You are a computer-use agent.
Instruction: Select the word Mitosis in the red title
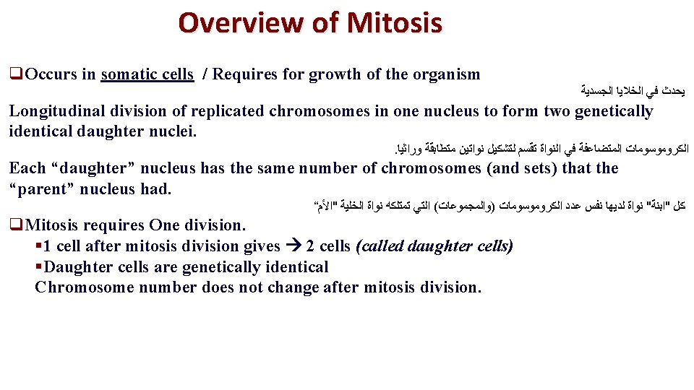pos(394,23)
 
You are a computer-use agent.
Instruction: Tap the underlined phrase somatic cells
pos(147,74)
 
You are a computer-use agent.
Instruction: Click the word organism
pos(447,74)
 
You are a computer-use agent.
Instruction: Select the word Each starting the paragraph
pos(26,169)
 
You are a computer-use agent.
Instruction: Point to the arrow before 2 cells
pos(294,246)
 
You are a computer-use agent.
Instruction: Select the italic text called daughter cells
pos(434,246)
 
